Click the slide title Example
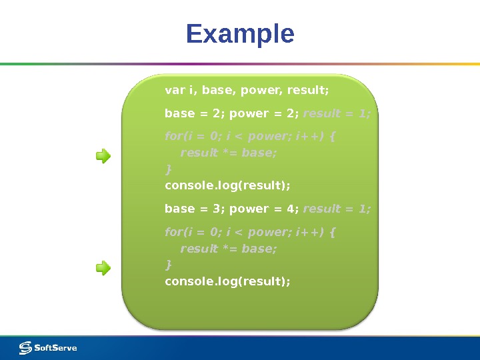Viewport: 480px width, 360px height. pos(240,34)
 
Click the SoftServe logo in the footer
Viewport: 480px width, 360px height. pos(48,347)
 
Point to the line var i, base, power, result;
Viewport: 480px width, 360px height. pos(247,89)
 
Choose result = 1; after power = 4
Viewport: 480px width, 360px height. pos(337,209)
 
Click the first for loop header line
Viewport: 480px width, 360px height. pos(250,137)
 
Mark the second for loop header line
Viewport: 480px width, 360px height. pos(250,233)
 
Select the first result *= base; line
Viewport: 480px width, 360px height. pos(228,153)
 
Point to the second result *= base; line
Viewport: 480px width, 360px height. pos(228,249)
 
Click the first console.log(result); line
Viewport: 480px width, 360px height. pos(227,185)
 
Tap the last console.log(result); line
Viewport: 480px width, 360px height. pos(227,281)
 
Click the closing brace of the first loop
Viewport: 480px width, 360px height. pos(168,169)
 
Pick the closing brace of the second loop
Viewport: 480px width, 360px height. pos(168,265)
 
